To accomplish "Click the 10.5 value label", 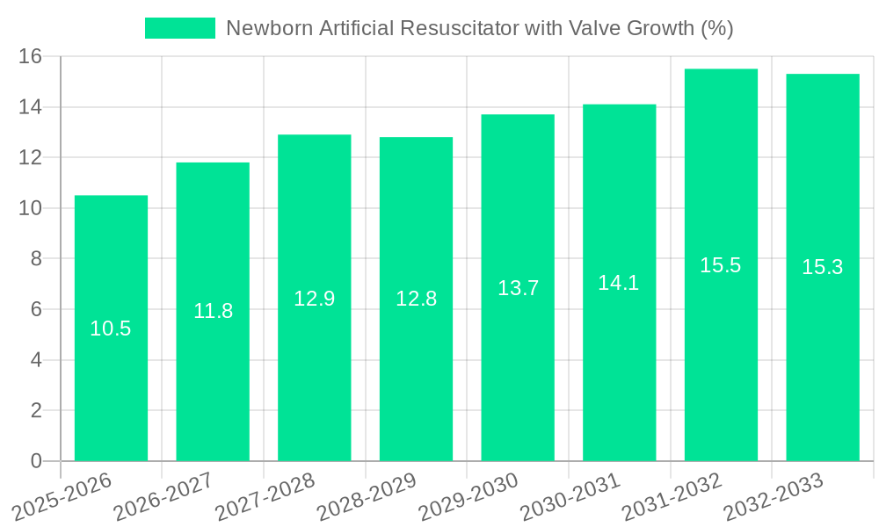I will tap(111, 328).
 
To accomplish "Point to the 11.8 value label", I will tap(213, 311).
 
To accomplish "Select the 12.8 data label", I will tap(416, 299).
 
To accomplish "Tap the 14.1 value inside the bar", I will tap(619, 283).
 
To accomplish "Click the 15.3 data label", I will tap(822, 267).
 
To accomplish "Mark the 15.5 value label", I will tap(721, 265).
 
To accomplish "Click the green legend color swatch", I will tap(179, 28).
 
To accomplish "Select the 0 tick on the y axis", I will tap(36, 461).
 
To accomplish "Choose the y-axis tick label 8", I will tap(36, 259).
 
